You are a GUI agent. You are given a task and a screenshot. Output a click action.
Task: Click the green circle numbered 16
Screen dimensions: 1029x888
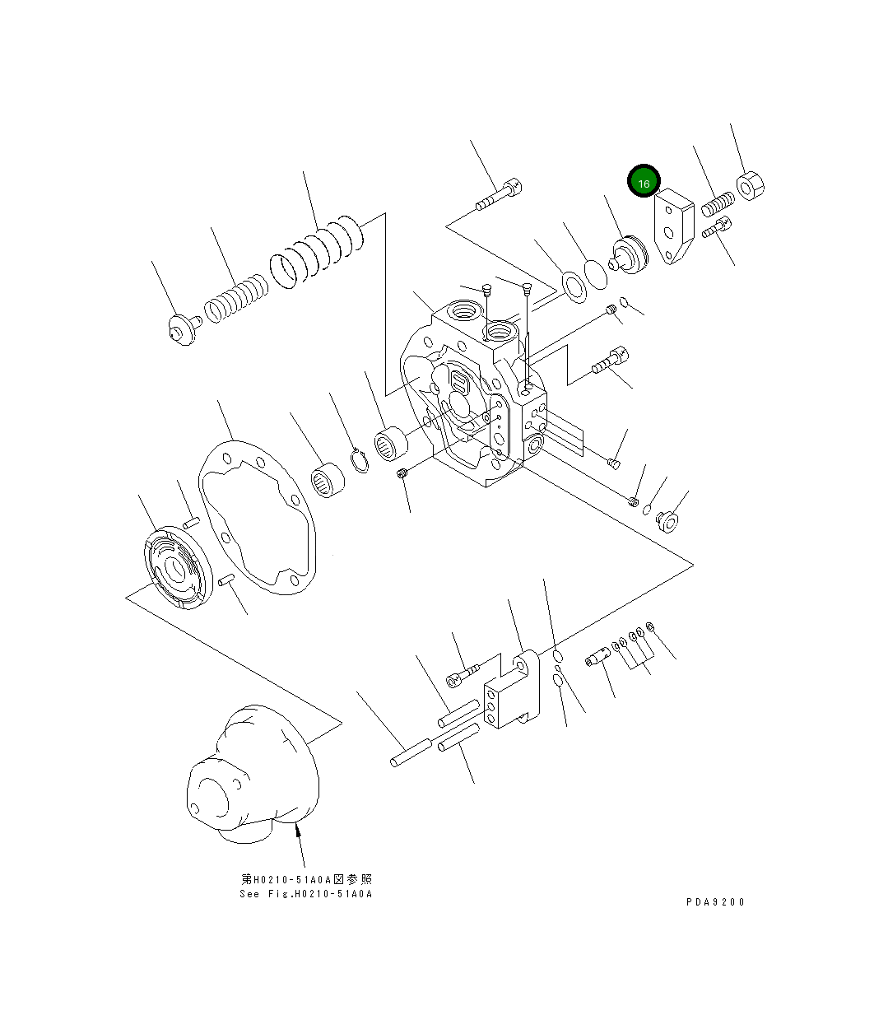(x=644, y=183)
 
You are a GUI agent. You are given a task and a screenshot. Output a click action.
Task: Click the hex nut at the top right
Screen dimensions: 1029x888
(x=751, y=186)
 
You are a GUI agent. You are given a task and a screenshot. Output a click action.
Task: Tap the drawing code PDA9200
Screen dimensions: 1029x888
(x=715, y=901)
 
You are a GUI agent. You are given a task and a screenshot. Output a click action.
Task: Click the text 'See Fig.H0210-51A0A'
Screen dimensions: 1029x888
(x=306, y=894)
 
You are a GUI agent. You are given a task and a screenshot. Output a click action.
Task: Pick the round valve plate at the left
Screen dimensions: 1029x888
(x=177, y=569)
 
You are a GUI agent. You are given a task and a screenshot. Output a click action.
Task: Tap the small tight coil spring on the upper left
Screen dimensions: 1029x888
(x=236, y=300)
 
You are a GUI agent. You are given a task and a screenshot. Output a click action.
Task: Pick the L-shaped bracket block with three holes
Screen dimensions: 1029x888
(x=511, y=695)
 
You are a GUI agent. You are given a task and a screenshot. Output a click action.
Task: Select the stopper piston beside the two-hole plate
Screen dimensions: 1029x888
(x=630, y=254)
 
